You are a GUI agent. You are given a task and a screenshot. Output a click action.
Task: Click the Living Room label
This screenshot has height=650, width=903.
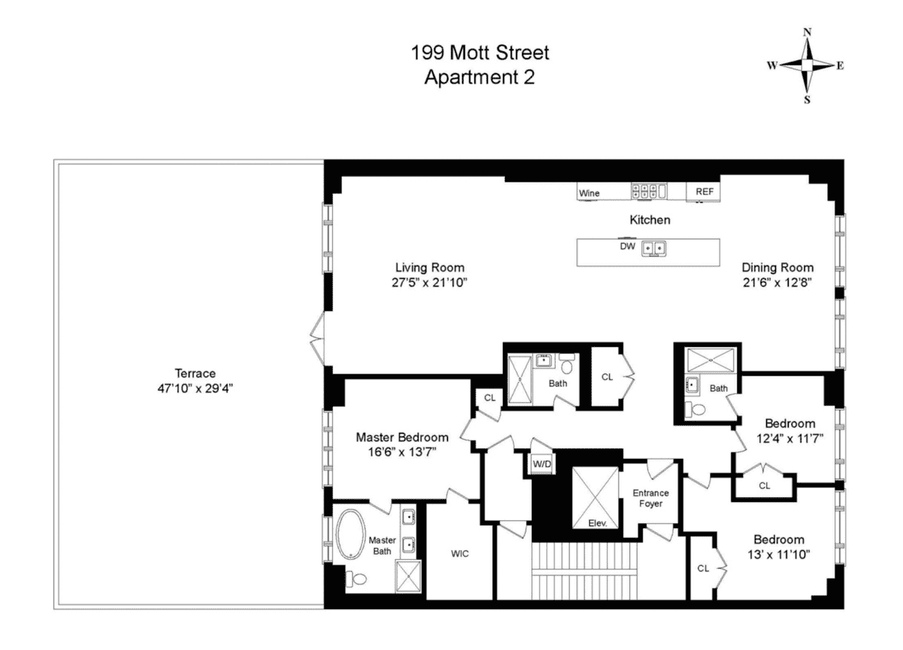click(x=430, y=267)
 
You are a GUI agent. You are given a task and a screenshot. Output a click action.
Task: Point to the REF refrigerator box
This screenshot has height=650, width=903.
click(x=705, y=192)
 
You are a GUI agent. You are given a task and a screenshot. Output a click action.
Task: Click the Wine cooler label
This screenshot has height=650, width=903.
click(x=589, y=192)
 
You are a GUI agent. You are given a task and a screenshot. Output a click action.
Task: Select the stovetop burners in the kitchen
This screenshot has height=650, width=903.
click(x=648, y=190)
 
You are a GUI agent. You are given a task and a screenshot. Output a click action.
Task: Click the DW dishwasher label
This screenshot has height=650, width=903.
click(x=627, y=247)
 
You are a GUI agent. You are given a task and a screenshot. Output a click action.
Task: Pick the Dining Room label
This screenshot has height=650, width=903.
click(x=777, y=267)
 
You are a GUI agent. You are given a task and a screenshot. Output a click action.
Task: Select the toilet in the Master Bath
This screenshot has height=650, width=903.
click(x=357, y=579)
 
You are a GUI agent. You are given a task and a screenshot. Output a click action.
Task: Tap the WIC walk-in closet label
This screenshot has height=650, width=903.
click(x=460, y=553)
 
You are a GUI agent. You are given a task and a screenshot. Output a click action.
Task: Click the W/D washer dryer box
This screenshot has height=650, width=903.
click(x=541, y=464)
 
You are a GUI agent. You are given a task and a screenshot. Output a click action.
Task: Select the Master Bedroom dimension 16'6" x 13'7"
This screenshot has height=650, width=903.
click(x=401, y=452)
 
